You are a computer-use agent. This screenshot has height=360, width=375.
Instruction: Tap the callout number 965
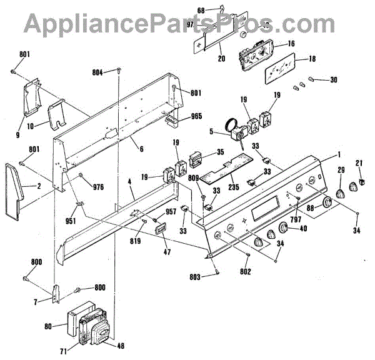click(197, 116)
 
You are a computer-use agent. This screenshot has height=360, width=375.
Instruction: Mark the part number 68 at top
click(200, 9)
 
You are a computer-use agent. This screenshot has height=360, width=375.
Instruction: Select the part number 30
click(333, 79)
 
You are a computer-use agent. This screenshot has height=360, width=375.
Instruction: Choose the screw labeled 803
click(216, 269)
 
